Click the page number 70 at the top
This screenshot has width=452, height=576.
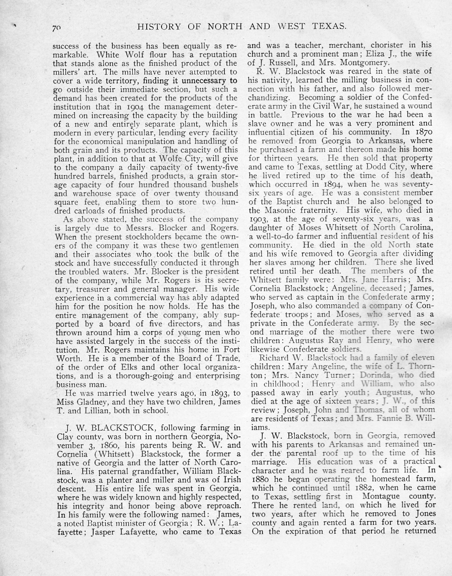point(57,28)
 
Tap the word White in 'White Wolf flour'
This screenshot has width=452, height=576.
point(110,54)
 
